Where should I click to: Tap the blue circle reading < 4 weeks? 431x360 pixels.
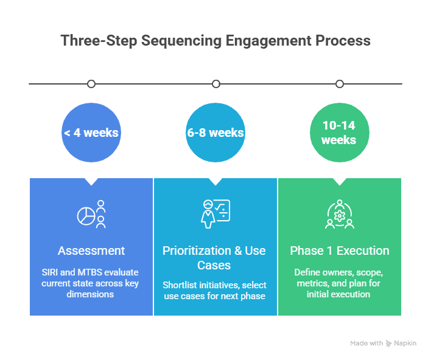pos(91,133)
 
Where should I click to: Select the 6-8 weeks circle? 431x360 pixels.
pos(215,133)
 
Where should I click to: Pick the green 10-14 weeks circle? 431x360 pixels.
pos(340,133)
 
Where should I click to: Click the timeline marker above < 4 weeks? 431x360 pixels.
pos(91,84)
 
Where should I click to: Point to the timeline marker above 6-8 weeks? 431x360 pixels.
pos(215,84)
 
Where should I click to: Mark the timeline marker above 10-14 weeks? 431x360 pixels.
pos(340,84)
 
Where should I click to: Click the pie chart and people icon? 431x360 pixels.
pos(91,214)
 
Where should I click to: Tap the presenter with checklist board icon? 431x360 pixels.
pos(215,214)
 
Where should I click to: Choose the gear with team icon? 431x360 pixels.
pos(340,214)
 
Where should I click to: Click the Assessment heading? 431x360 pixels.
pos(91,251)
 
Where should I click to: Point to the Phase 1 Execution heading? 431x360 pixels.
pos(340,251)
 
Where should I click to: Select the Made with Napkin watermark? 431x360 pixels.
pos(384,344)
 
